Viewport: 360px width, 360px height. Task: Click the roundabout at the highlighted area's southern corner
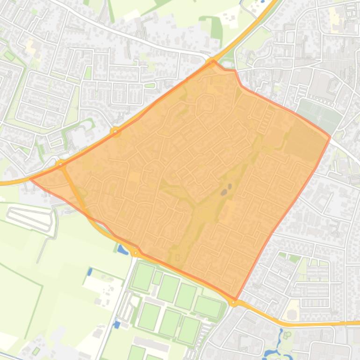(x=234, y=302)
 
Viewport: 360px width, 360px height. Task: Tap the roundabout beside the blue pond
(x=135, y=253)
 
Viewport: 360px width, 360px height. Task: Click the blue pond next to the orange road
(x=122, y=249)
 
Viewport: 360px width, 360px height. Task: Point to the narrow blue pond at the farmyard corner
(x=90, y=271)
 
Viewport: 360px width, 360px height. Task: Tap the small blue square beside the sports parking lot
(x=117, y=324)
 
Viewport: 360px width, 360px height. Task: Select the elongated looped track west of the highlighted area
(x=29, y=218)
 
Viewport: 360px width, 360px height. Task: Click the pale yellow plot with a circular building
(x=292, y=310)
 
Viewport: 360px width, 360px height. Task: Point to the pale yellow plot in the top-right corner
(x=335, y=19)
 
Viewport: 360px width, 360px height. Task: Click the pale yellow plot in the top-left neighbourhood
(x=31, y=46)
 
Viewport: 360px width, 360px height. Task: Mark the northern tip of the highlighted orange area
(x=214, y=61)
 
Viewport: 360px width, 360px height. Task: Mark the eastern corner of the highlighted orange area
(x=330, y=137)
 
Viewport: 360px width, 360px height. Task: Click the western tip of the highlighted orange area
(x=31, y=179)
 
